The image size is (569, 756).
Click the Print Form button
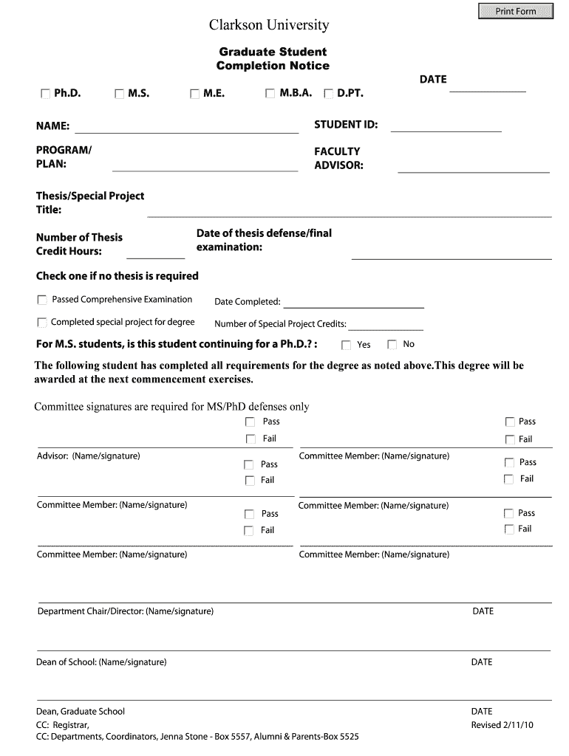(516, 11)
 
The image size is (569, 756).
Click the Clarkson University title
(269, 26)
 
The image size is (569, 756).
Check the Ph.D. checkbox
(45, 94)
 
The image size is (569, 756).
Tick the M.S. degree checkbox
(120, 94)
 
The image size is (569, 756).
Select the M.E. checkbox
(195, 94)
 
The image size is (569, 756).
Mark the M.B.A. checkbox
(270, 94)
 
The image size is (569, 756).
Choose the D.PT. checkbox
(328, 94)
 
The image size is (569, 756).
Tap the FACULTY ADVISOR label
(338, 158)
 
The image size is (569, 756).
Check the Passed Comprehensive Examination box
(42, 300)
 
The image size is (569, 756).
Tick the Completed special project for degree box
(42, 323)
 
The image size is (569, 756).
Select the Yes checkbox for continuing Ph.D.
(346, 345)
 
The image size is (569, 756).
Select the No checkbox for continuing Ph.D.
(392, 344)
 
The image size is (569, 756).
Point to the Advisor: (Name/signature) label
(88, 456)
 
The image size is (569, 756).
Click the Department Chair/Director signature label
(126, 611)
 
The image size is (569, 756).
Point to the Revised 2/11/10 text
(502, 725)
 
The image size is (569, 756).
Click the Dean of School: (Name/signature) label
(101, 662)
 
